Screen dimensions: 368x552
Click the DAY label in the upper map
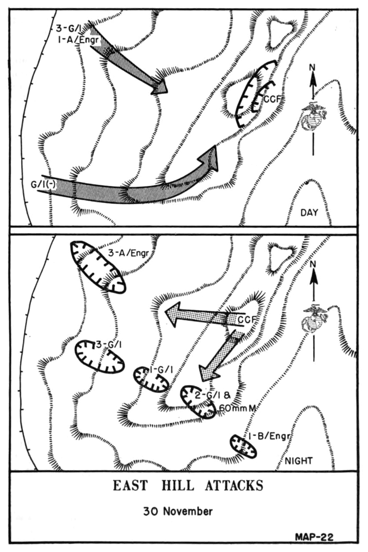click(x=309, y=213)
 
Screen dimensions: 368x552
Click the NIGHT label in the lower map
click(x=299, y=461)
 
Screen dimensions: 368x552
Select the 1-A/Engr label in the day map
click(x=78, y=40)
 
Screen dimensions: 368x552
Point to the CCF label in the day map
click(x=273, y=99)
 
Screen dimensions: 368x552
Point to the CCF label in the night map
click(x=247, y=320)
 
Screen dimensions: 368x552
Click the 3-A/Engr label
click(x=129, y=253)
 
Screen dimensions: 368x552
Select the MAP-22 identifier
click(x=314, y=537)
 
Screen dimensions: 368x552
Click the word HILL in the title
click(x=177, y=486)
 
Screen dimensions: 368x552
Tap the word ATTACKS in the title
click(x=234, y=486)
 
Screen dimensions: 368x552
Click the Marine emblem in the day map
click(x=314, y=116)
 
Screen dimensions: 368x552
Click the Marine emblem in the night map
click(x=314, y=319)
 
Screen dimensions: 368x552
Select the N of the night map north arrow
click(x=313, y=264)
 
